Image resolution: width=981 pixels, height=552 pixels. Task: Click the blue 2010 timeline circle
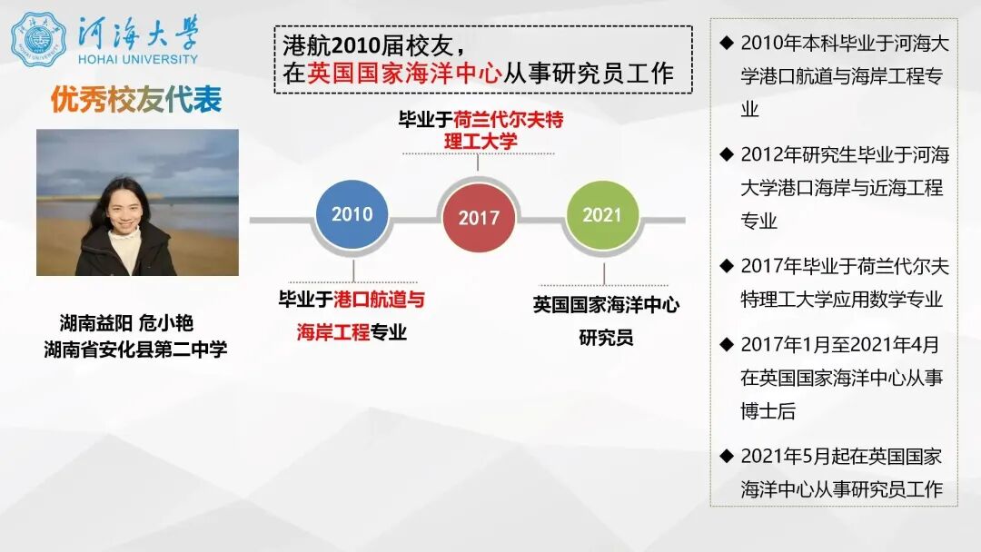click(x=352, y=215)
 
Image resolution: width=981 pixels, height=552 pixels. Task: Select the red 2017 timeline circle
click(x=479, y=218)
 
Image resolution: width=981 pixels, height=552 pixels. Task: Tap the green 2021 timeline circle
click(x=601, y=215)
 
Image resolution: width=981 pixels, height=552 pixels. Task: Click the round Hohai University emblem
click(x=38, y=39)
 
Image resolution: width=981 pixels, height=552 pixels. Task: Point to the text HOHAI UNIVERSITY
click(x=138, y=59)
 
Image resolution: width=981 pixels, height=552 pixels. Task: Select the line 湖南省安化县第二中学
click(x=136, y=349)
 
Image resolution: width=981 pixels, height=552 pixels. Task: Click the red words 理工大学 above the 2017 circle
click(x=481, y=141)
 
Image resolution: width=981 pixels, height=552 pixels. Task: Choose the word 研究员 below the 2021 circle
click(x=606, y=339)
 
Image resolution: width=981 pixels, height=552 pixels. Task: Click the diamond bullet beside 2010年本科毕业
click(x=726, y=43)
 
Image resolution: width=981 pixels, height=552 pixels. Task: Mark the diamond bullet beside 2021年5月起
click(x=726, y=455)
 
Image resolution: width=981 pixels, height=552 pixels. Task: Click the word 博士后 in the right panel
click(x=768, y=411)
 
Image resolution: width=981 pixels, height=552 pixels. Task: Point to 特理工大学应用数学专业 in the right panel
click(x=841, y=300)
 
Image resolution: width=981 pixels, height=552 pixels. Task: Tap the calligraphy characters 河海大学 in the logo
click(x=139, y=32)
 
